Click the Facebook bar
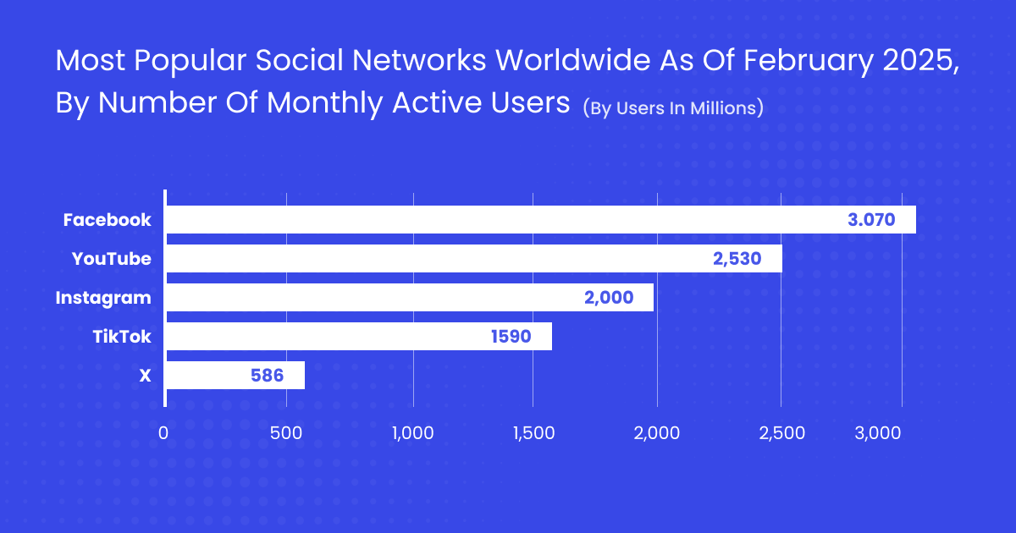pos(540,220)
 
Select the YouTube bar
pos(473,259)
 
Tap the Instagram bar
pos(410,298)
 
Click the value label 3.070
pos(871,220)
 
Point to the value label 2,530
pos(737,259)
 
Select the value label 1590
pos(511,337)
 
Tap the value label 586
pos(267,376)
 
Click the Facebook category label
pos(107,220)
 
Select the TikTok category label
pos(121,337)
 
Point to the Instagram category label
pos(103,298)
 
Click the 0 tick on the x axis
pos(163,432)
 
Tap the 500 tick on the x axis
pos(287,432)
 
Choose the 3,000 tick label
pos(877,432)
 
